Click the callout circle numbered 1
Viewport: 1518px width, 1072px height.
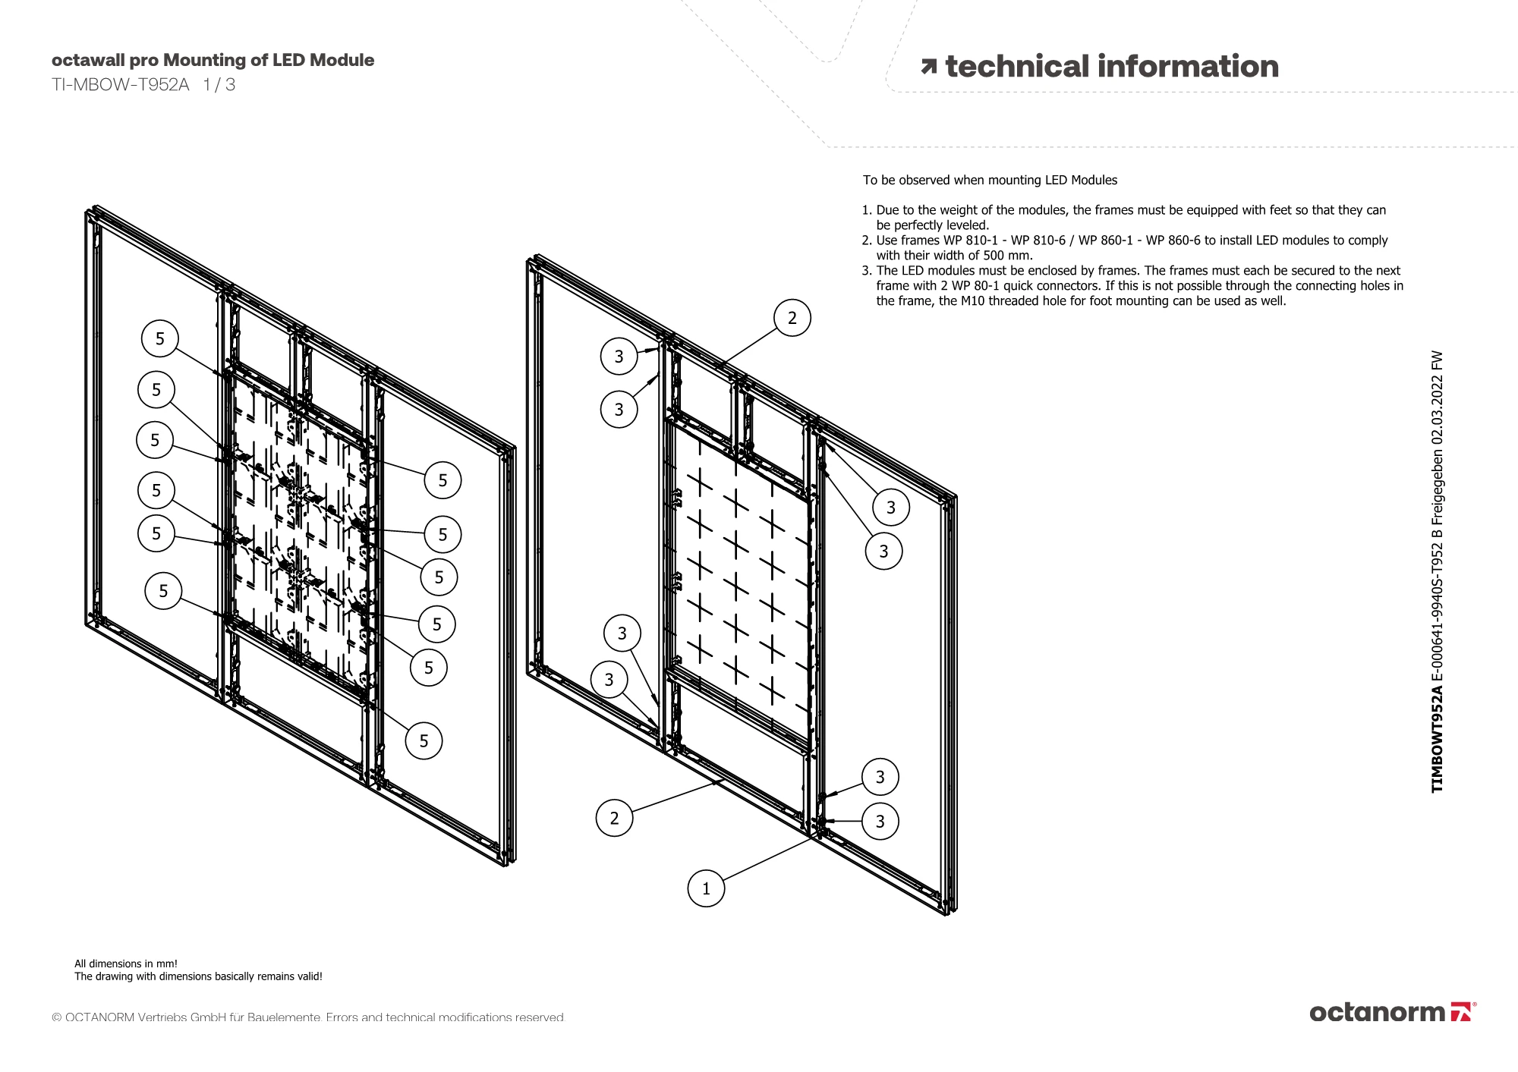pos(706,888)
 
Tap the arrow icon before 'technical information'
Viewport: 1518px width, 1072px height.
pos(928,67)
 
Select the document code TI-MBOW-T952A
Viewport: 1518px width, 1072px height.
pos(120,85)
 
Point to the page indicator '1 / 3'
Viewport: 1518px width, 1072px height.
pos(219,85)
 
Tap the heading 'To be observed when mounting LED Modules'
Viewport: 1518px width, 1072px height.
pos(990,181)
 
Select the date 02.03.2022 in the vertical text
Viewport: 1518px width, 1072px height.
pos(1437,414)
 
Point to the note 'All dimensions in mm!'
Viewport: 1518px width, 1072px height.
pos(126,964)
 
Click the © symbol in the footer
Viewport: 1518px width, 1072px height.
pos(57,1018)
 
